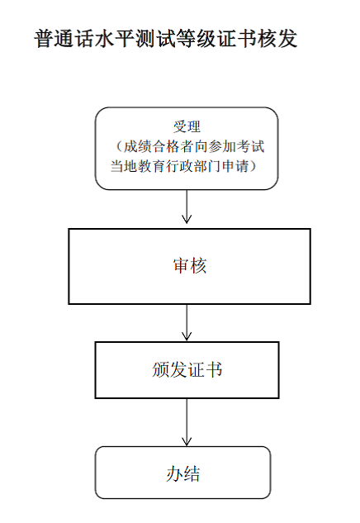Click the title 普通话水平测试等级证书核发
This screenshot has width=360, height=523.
click(x=165, y=38)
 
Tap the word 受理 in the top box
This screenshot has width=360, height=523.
click(x=187, y=126)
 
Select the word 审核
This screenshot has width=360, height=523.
click(x=190, y=266)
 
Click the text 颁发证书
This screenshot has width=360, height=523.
click(x=187, y=369)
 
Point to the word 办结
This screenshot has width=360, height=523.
click(x=183, y=473)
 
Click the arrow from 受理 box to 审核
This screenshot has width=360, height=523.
click(x=187, y=207)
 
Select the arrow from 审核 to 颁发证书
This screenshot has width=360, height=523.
click(x=187, y=322)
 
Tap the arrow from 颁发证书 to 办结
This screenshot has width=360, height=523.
click(x=187, y=422)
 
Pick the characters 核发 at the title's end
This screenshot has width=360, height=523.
click(x=277, y=38)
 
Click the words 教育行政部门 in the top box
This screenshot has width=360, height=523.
click(x=180, y=166)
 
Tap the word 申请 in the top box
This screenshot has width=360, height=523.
click(x=235, y=166)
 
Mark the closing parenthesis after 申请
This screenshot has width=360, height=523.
click(x=253, y=166)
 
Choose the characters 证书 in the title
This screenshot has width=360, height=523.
click(x=237, y=38)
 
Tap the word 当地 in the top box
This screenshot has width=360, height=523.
click(x=124, y=166)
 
